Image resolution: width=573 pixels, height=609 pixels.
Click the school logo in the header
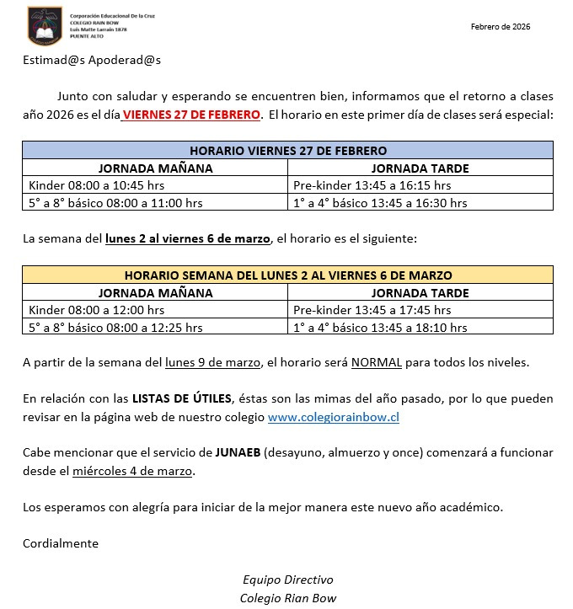[45, 25]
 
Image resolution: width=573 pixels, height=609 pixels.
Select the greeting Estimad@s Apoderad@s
[92, 61]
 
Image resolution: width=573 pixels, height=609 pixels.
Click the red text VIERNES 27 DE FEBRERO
[192, 115]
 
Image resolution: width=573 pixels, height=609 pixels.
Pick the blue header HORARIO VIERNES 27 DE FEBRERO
[288, 150]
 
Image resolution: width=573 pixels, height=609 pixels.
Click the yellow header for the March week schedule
[288, 275]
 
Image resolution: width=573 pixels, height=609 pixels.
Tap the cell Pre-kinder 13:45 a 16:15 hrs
[372, 184]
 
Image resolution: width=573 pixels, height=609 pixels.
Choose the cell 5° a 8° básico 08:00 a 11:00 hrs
[115, 202]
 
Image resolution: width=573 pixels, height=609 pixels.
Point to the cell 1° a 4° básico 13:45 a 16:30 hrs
[379, 202]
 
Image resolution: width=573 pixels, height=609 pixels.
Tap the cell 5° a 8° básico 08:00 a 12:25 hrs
[115, 327]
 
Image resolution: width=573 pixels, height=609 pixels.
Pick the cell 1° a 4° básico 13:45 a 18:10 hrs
[379, 327]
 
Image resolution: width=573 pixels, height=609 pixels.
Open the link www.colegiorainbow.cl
[333, 417]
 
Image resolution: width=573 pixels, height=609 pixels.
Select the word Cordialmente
[61, 543]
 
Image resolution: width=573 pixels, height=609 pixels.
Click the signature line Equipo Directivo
[288, 580]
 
